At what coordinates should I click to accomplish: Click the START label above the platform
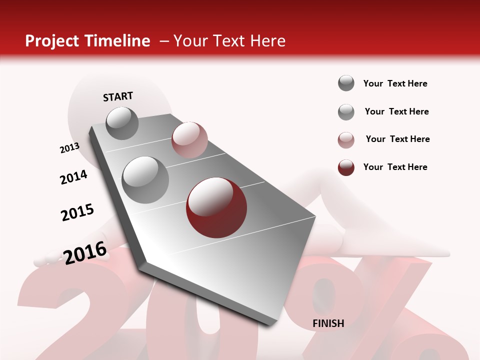(x=118, y=96)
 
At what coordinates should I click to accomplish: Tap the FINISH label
(x=328, y=323)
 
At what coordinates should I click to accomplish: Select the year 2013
(x=69, y=148)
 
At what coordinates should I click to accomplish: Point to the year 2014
(x=73, y=177)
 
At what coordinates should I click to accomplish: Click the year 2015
(x=77, y=212)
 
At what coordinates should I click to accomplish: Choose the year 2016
(x=85, y=252)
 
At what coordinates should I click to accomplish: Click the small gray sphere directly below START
(x=122, y=123)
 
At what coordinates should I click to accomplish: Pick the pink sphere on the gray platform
(x=189, y=140)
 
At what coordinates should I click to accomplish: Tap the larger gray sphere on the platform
(x=145, y=179)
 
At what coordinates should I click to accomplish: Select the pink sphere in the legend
(x=346, y=140)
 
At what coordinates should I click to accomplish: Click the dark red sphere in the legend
(x=346, y=167)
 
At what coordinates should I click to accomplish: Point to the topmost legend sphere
(x=346, y=83)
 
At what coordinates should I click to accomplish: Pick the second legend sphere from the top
(x=346, y=112)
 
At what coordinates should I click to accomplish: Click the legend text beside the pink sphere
(x=397, y=139)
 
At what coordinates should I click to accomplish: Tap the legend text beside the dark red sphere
(x=395, y=167)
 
